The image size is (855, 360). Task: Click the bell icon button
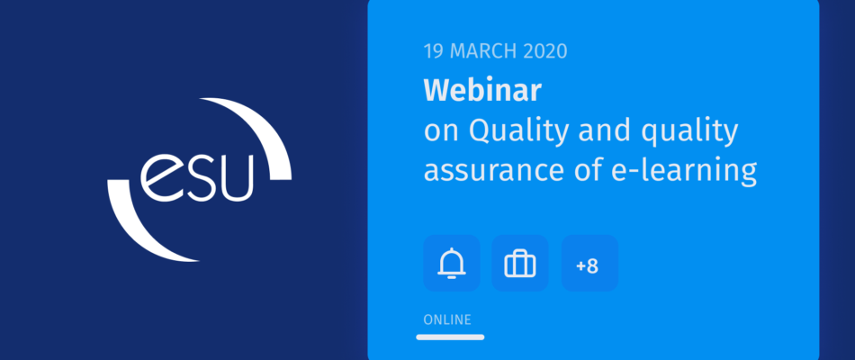click(x=452, y=264)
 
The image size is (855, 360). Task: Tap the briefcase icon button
click(x=520, y=264)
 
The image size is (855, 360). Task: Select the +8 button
click(x=589, y=264)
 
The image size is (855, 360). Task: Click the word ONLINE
click(x=447, y=319)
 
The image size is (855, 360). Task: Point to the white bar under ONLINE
click(x=450, y=337)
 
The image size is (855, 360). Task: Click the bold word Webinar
click(x=482, y=91)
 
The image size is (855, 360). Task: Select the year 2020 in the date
click(x=545, y=51)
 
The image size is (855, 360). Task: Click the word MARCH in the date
click(x=483, y=51)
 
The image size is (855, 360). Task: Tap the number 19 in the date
click(x=434, y=51)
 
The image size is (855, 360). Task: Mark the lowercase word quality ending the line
click(x=689, y=132)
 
